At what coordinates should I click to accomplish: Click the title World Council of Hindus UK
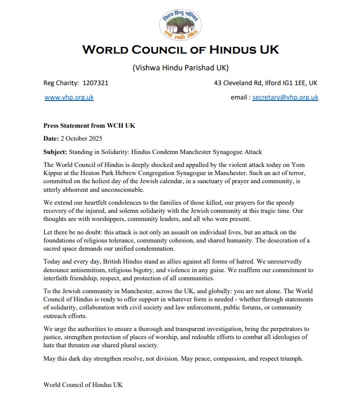[x=180, y=50]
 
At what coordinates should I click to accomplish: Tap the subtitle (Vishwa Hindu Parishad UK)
[x=180, y=67]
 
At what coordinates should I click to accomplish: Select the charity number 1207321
[x=95, y=83]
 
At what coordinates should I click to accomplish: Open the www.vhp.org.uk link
[x=69, y=97]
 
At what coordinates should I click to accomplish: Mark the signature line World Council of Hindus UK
[x=83, y=384]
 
